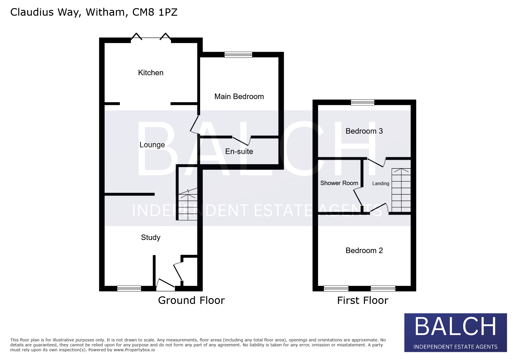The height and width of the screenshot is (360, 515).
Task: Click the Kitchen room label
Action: pos(151,73)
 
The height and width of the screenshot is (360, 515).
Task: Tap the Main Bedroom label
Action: pos(239,96)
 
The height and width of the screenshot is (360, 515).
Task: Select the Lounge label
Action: pos(152,145)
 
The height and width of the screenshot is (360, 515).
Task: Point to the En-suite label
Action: pos(239,151)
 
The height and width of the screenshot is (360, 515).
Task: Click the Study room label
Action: pos(151,237)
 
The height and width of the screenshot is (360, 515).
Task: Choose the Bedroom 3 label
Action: pos(364,131)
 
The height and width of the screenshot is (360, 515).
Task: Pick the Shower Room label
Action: pos(339,183)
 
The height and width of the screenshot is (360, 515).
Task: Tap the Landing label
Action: pos(381,183)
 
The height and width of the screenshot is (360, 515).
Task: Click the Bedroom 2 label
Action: pos(364,250)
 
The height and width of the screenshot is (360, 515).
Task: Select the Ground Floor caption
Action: pos(191,300)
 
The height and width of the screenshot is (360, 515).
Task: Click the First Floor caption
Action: pos(363,300)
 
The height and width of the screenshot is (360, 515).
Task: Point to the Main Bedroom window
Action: pos(238,55)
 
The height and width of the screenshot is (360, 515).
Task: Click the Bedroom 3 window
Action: pos(363,102)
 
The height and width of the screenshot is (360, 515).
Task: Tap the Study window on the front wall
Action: pos(129,288)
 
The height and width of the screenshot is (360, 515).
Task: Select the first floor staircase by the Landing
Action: pos(401,190)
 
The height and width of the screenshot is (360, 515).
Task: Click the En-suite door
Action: pos(241,141)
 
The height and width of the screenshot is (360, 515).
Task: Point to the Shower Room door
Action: pos(358,197)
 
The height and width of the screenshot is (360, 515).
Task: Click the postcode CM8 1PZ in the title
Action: pos(155,12)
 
